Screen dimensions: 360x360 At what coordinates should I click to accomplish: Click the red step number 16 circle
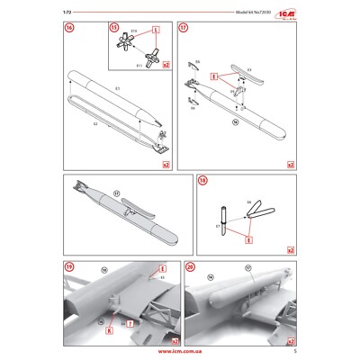coord(69,27)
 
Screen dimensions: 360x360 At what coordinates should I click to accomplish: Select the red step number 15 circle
coord(114,27)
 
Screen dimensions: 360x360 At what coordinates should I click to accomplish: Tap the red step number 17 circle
coord(184,27)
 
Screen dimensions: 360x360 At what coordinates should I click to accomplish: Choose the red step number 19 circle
coord(69,268)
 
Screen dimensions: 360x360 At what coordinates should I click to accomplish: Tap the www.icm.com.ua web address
coord(180,352)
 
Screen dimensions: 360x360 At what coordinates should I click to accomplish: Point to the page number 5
coord(293,352)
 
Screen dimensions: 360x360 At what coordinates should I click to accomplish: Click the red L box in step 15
coord(157,30)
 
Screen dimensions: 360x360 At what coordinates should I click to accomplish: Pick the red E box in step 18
coord(248,240)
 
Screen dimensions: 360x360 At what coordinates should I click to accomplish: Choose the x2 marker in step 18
coord(291,249)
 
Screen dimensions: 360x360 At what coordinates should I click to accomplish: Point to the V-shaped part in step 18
coord(261,210)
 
